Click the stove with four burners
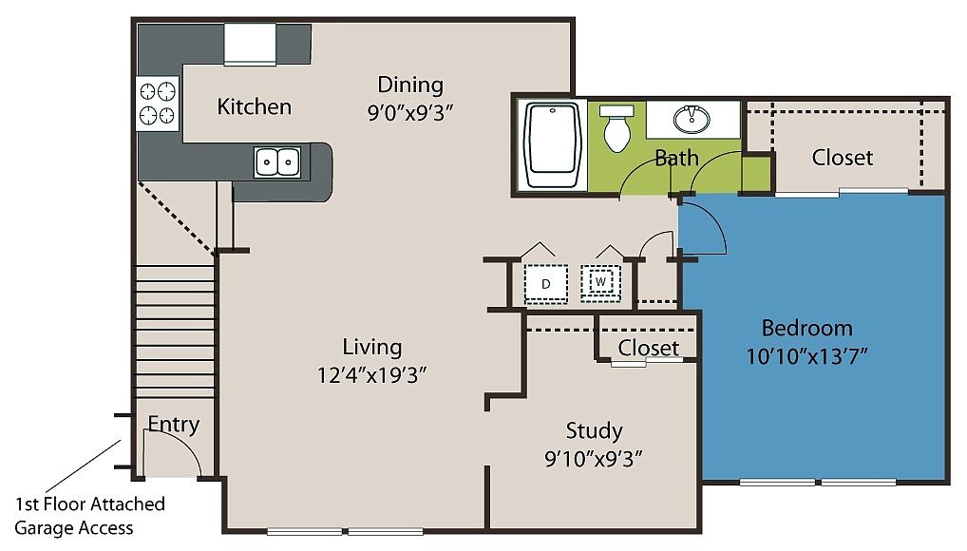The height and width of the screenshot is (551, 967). pyautogui.click(x=158, y=103)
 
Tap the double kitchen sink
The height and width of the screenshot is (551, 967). pyautogui.click(x=277, y=162)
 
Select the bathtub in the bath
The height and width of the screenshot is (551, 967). pyautogui.click(x=553, y=145)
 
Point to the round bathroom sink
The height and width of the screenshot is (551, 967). pyautogui.click(x=692, y=119)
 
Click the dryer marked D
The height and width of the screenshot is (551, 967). pyautogui.click(x=546, y=284)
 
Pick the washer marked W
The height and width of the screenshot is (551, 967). pyautogui.click(x=600, y=282)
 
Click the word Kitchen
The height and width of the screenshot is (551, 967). pyautogui.click(x=254, y=106)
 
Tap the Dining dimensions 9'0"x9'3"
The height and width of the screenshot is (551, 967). pyautogui.click(x=410, y=114)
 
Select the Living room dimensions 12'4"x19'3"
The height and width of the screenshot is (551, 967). pyautogui.click(x=371, y=375)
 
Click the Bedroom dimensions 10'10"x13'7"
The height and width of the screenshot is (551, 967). pyautogui.click(x=806, y=356)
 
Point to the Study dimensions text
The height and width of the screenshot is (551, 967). pyautogui.click(x=594, y=459)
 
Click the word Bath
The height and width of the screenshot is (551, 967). pyautogui.click(x=676, y=159)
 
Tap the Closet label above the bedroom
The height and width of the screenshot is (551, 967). pyautogui.click(x=843, y=158)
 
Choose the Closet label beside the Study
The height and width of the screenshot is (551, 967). pyautogui.click(x=648, y=348)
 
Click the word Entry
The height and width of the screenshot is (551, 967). pyautogui.click(x=173, y=425)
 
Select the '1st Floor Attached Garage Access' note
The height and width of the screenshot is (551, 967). pyautogui.click(x=89, y=516)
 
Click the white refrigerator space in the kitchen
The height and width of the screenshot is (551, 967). pyautogui.click(x=250, y=44)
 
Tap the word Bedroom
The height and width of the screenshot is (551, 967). pyautogui.click(x=807, y=329)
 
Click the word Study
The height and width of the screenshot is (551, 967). pyautogui.click(x=594, y=430)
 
